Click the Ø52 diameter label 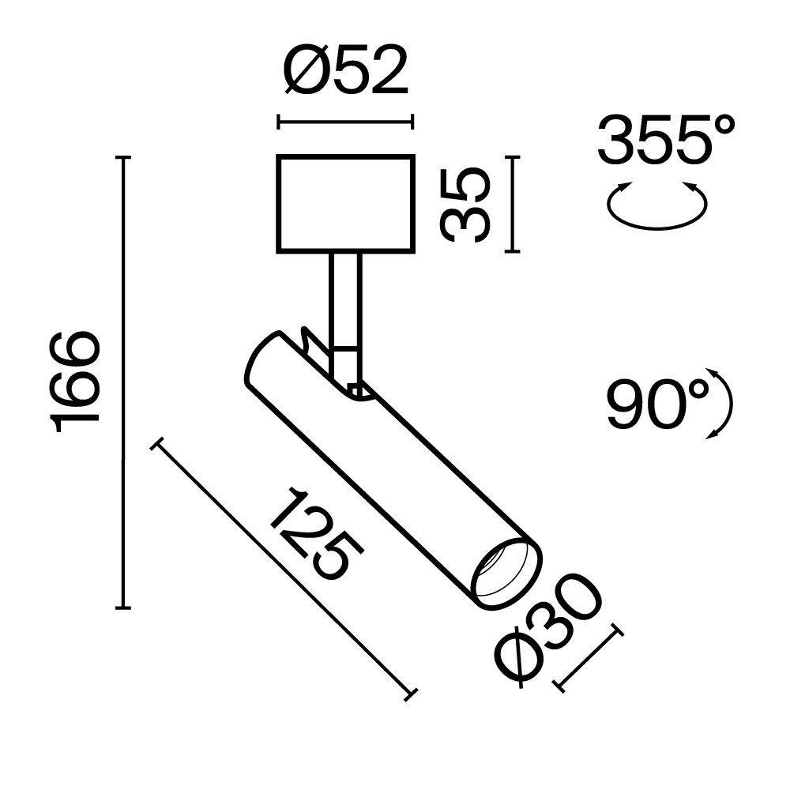click(345, 70)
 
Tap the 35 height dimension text click(466, 205)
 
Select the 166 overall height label click(77, 382)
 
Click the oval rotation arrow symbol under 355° click(656, 207)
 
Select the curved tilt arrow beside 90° click(720, 403)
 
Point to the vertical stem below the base click(345, 300)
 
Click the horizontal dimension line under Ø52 click(345, 122)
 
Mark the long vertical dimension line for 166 click(122, 382)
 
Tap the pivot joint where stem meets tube click(355, 387)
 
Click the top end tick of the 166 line click(122, 158)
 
